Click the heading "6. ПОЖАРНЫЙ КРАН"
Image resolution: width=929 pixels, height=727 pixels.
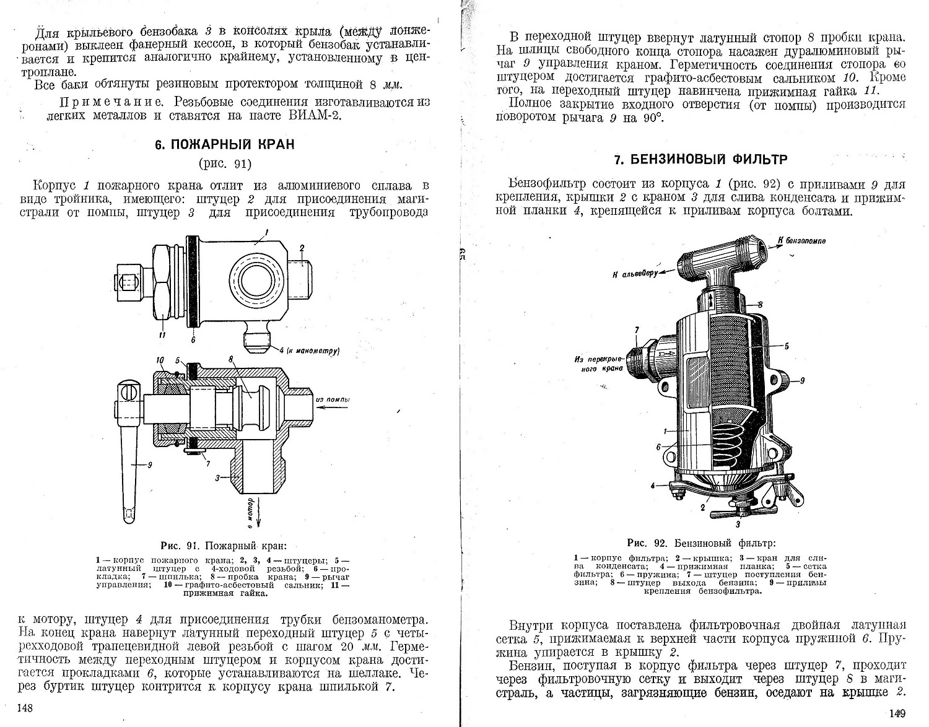tap(224, 145)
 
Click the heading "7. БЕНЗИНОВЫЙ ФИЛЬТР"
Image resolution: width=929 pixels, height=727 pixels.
tap(700, 160)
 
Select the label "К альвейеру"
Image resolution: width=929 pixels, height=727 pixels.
tap(635, 273)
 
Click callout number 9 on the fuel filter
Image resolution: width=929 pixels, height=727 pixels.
tap(803, 381)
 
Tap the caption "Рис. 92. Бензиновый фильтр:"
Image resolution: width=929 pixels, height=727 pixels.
tap(701, 543)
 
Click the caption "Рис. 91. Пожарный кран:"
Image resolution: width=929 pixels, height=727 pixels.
tap(224, 546)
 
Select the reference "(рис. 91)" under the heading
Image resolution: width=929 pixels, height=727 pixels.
tap(224, 164)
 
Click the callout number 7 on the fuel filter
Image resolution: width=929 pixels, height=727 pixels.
tap(636, 330)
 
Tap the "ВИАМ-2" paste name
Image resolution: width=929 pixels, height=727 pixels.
tap(313, 115)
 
